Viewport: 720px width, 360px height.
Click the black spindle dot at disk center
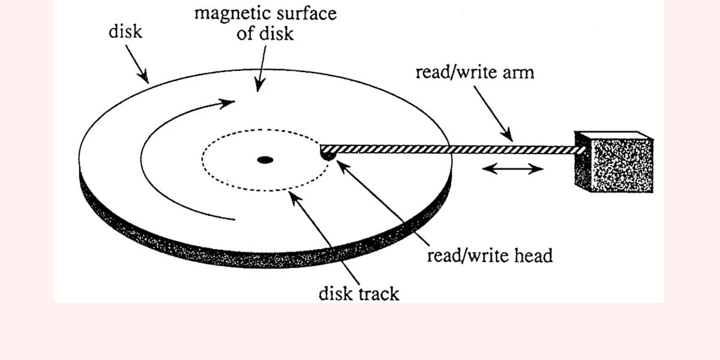(265, 160)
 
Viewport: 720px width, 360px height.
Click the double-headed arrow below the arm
(512, 169)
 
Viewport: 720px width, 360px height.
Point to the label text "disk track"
(359, 293)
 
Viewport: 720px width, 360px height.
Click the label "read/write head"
(489, 256)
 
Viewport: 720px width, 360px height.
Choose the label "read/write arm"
(474, 73)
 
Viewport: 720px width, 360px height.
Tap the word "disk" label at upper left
(125, 31)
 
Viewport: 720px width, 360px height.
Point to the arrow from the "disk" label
(137, 64)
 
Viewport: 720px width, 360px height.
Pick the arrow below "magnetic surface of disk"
(262, 69)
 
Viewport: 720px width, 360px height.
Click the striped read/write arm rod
(450, 149)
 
